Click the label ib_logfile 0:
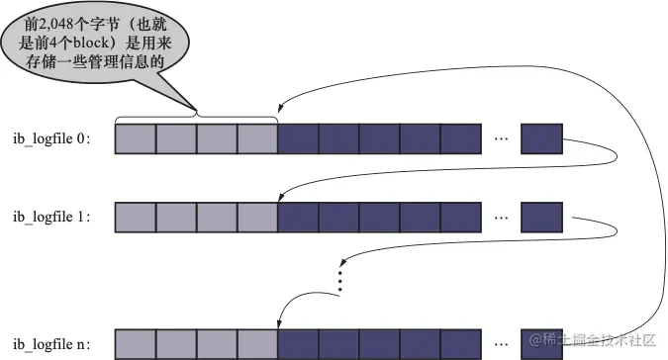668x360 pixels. [x=51, y=139]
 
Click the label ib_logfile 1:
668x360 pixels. [x=51, y=218]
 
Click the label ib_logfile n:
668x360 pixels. [x=51, y=344]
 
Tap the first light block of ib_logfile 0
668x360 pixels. [x=136, y=139]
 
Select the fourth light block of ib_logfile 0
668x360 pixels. [x=257, y=139]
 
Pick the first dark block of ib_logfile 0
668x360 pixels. [x=298, y=139]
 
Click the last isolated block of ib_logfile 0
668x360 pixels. [x=542, y=139]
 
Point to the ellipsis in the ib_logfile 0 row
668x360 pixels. [x=502, y=138]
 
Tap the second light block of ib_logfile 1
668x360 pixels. [x=176, y=218]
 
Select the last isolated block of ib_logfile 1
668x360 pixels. [x=542, y=218]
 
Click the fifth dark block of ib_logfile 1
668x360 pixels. [x=461, y=218]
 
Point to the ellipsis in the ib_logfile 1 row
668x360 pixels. [x=502, y=218]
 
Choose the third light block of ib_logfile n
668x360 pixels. [x=217, y=344]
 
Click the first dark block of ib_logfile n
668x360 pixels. [x=298, y=344]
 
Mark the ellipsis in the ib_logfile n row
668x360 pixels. [x=502, y=344]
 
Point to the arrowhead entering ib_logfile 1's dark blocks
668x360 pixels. [x=280, y=197]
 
